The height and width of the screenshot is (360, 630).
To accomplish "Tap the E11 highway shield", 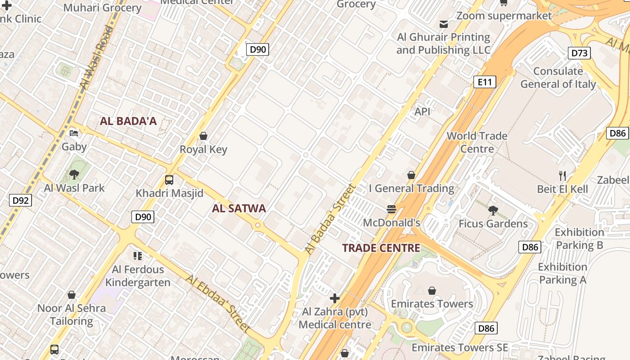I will pyautogui.click(x=485, y=82).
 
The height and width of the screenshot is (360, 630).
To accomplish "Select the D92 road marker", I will pyautogui.click(x=20, y=200).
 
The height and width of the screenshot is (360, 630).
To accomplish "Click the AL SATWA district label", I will pyautogui.click(x=239, y=208).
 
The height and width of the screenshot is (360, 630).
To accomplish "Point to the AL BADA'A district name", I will pyautogui.click(x=128, y=121).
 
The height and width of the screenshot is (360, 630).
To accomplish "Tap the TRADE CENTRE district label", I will pyautogui.click(x=381, y=248).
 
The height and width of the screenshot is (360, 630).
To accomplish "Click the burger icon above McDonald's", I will pyautogui.click(x=391, y=209).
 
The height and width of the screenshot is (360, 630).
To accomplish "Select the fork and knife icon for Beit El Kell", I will pyautogui.click(x=562, y=175).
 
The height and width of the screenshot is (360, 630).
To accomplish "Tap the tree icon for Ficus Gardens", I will pyautogui.click(x=493, y=210).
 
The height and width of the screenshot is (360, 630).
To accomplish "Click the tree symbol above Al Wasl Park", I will pyautogui.click(x=74, y=175).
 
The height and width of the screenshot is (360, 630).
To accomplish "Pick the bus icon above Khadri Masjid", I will pyautogui.click(x=169, y=180).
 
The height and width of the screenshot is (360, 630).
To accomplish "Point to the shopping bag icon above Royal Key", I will pyautogui.click(x=203, y=136).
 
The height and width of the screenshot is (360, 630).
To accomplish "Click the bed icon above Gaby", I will pyautogui.click(x=74, y=133).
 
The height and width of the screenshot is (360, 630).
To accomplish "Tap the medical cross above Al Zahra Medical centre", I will pyautogui.click(x=335, y=298).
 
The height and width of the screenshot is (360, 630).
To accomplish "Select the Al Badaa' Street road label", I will pyautogui.click(x=330, y=219).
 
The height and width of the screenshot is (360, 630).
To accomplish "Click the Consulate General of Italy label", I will pyautogui.click(x=558, y=77).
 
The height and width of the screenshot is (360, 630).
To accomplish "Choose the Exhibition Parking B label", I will pyautogui.click(x=579, y=238).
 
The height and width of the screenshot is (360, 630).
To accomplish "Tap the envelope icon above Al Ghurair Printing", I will pyautogui.click(x=444, y=24).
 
